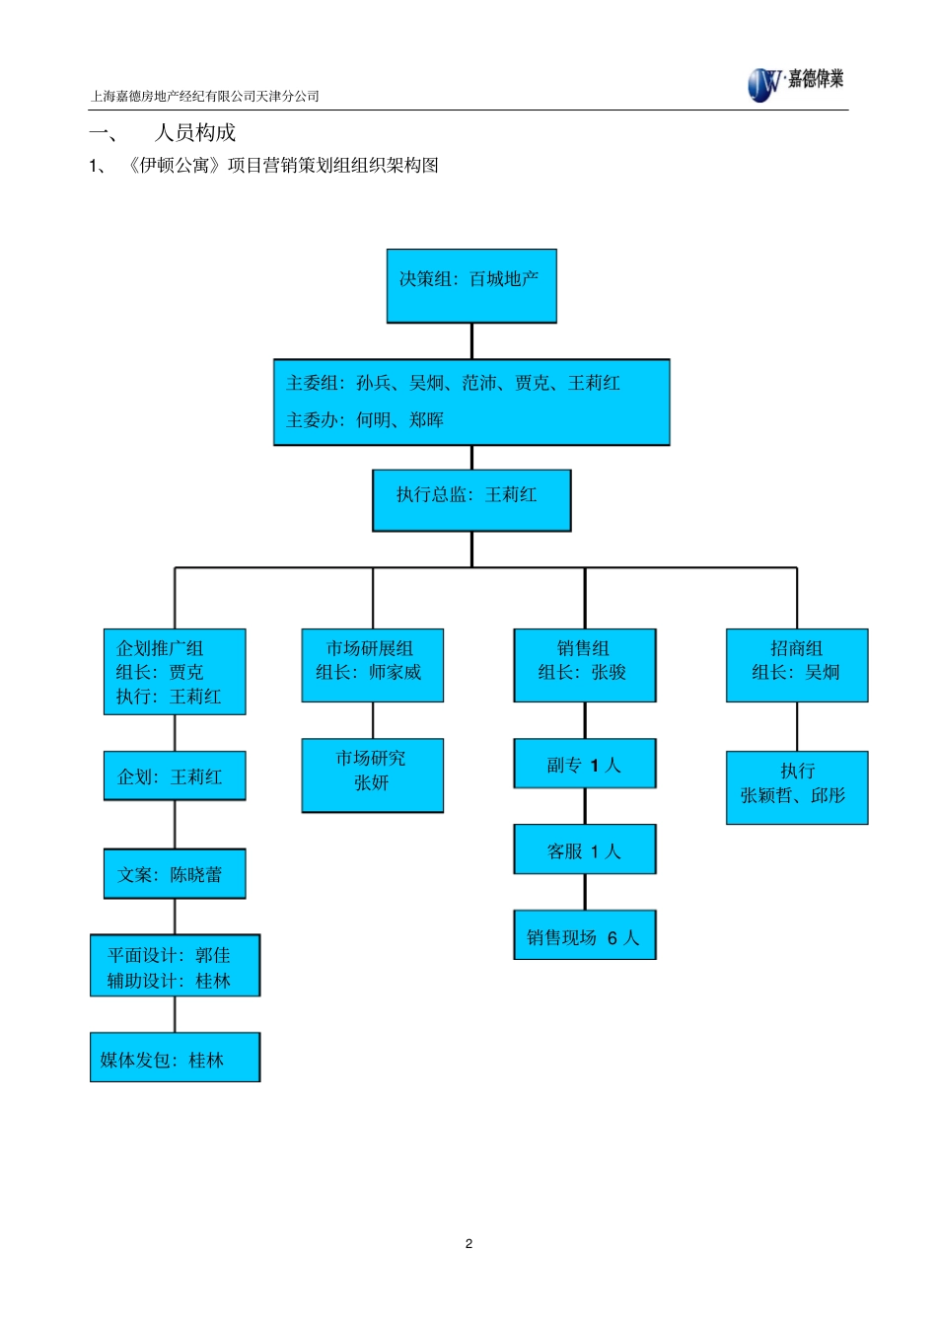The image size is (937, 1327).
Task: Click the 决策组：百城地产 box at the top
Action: [x=470, y=285]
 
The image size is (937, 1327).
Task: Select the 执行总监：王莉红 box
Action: [x=470, y=499]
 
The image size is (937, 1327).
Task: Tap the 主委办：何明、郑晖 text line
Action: [x=365, y=420]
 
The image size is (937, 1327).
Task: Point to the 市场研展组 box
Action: [x=372, y=664]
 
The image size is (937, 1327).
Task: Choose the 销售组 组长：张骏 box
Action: [x=584, y=664]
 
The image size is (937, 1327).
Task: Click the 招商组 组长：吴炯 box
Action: [x=796, y=664]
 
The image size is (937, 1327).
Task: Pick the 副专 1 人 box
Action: [x=584, y=764]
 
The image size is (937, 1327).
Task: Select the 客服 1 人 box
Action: [x=584, y=849]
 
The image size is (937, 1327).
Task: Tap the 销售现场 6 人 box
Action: [x=584, y=935]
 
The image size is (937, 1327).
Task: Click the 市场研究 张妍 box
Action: [x=372, y=774]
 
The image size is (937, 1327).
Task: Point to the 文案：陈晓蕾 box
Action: [x=175, y=873]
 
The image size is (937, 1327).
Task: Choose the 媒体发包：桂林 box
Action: [x=175, y=1057]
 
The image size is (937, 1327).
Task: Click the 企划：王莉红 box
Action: [x=175, y=775]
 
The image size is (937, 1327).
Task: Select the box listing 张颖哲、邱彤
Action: [x=796, y=786]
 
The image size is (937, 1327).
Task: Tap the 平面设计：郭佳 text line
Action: [x=169, y=954]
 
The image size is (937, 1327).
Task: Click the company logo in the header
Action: [x=794, y=83]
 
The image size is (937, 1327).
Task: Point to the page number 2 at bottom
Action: [x=468, y=1243]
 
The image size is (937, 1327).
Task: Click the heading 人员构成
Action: [x=195, y=132]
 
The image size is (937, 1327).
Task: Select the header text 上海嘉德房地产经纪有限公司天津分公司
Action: [x=205, y=96]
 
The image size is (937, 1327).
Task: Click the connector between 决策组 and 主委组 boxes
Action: [x=471, y=340]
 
